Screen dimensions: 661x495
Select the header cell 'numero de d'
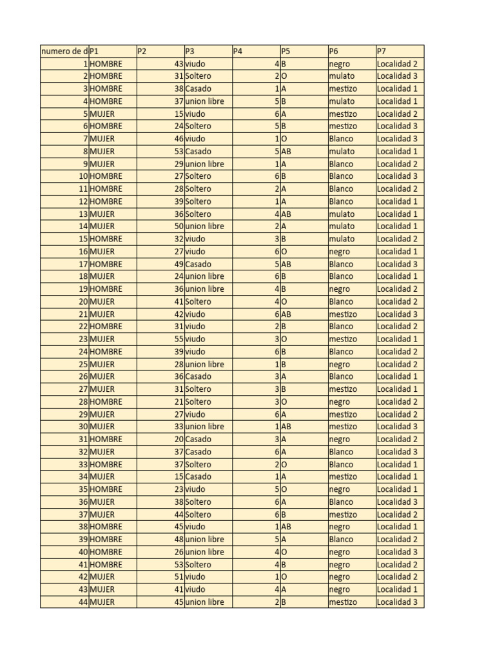point(64,51)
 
